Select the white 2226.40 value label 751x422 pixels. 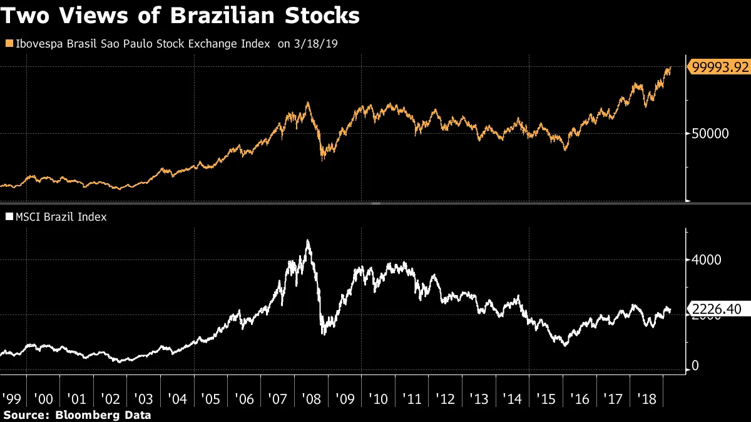coord(717,308)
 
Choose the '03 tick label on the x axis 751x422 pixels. coord(144,398)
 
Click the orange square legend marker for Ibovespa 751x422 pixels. coord(8,44)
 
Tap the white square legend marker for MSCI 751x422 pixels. coord(8,218)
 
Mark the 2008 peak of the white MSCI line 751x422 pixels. coord(307,241)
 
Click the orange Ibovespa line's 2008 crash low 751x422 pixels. coord(323,160)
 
